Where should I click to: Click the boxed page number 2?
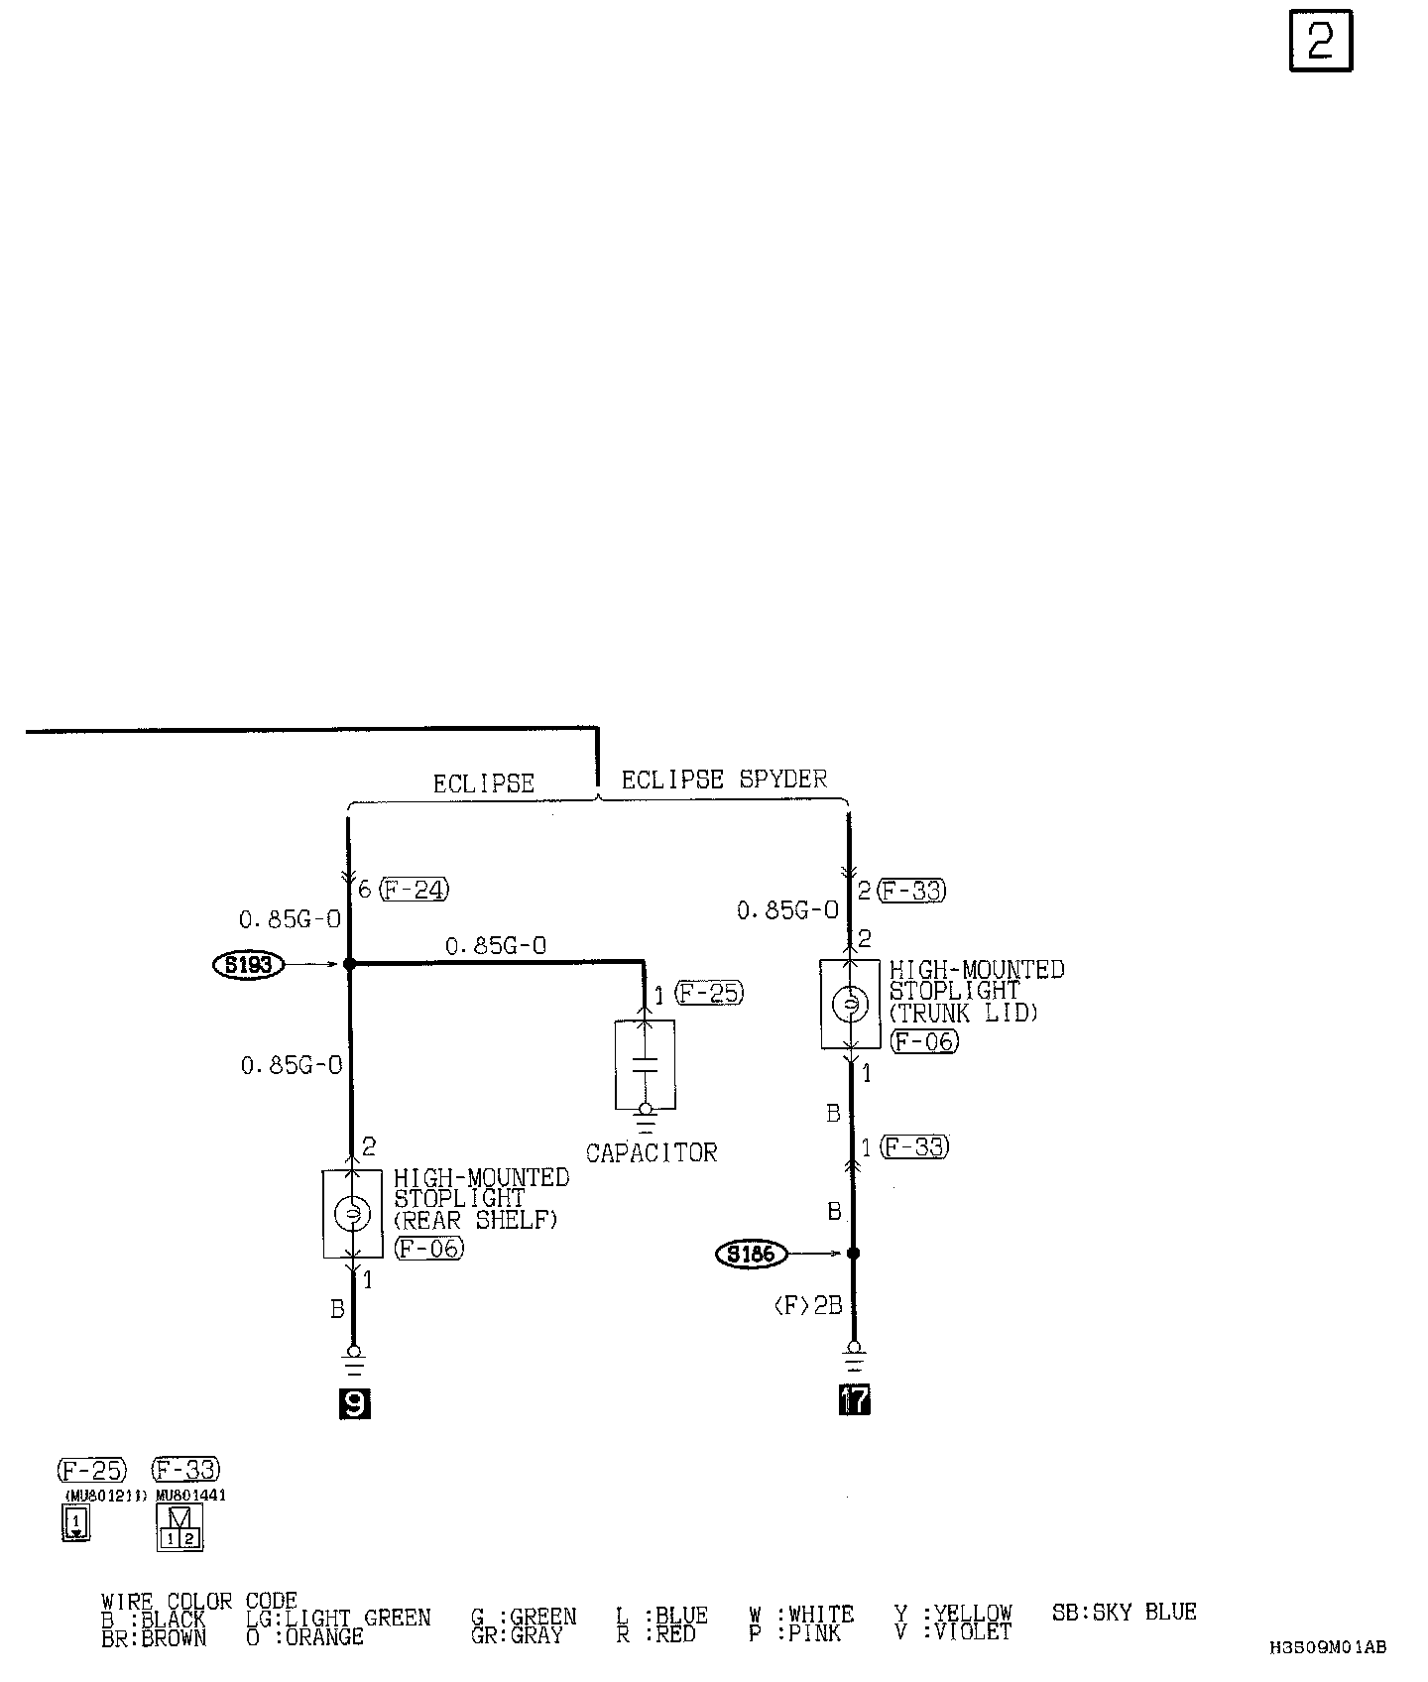pos(1320,42)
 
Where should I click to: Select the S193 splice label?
pos(248,964)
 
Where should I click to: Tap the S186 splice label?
pos(751,1255)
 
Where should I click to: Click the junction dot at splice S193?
pos(349,963)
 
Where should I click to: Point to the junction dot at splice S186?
pos(852,1254)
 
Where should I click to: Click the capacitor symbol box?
pos(645,1064)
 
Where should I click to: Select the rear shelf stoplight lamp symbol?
pos(352,1213)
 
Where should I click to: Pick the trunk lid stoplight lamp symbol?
pos(850,1005)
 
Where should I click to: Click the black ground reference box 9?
pos(354,1402)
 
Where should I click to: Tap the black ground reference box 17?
pos(854,1399)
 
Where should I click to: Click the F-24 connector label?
pos(414,890)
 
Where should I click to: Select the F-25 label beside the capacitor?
pos(708,993)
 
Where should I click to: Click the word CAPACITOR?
pos(651,1152)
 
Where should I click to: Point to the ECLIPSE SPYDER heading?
pos(724,780)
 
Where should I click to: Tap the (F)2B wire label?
pos(807,1306)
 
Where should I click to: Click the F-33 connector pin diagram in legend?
pos(179,1527)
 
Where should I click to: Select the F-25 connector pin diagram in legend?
pos(75,1522)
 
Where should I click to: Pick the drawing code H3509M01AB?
pos(1327,1647)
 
